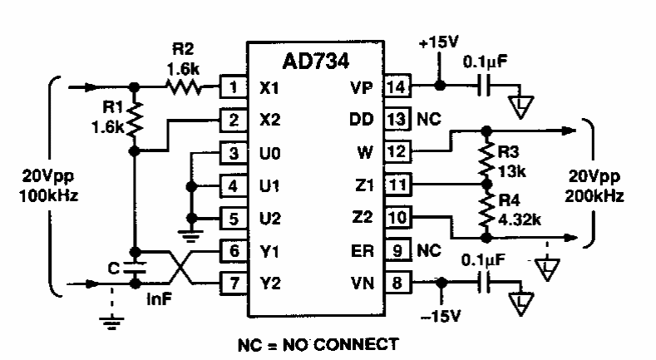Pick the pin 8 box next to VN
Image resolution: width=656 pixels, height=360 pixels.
point(397,283)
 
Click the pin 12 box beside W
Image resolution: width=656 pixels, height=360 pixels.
point(397,151)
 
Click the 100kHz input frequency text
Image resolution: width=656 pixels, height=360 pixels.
point(35,199)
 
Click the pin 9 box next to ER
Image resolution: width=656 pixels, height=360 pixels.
point(397,249)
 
